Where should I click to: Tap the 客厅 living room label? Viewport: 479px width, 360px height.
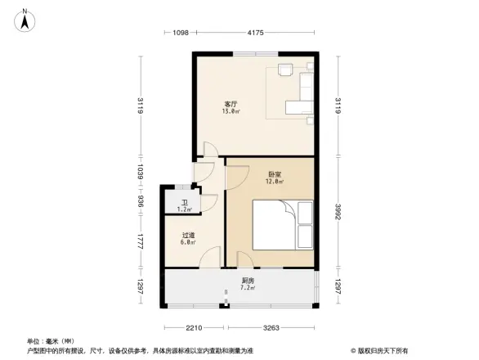(x=231, y=104)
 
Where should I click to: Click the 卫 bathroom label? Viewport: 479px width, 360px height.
(x=186, y=204)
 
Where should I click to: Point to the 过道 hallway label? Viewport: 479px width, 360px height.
(x=188, y=236)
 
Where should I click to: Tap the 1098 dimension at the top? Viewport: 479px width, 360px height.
(x=181, y=33)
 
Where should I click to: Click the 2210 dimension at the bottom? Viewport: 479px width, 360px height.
(x=193, y=327)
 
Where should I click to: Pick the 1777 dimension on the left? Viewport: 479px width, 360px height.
(x=141, y=242)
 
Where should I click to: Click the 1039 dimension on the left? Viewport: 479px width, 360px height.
(x=141, y=173)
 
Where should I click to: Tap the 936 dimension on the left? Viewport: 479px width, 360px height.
(x=141, y=202)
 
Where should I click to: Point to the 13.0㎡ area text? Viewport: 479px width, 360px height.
(x=231, y=111)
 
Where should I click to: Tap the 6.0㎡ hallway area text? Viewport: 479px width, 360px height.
(x=188, y=243)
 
